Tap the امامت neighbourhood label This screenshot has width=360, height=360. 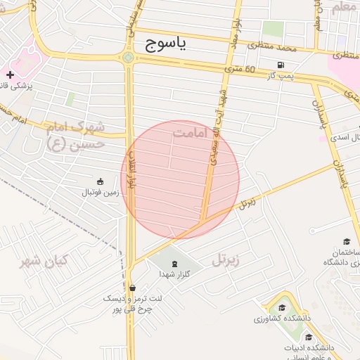[192, 132]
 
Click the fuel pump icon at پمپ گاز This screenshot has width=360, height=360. [281, 65]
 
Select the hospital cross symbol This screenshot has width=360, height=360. [10, 74]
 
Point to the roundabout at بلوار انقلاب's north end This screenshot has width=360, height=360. [128, 58]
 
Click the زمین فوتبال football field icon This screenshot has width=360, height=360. [100, 181]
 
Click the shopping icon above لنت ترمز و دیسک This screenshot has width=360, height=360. [132, 288]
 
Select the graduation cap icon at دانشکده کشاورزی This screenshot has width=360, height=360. [281, 308]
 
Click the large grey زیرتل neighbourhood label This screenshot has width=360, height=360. [225, 260]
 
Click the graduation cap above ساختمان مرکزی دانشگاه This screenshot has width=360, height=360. [346, 241]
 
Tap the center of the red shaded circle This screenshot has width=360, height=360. [180, 179]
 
